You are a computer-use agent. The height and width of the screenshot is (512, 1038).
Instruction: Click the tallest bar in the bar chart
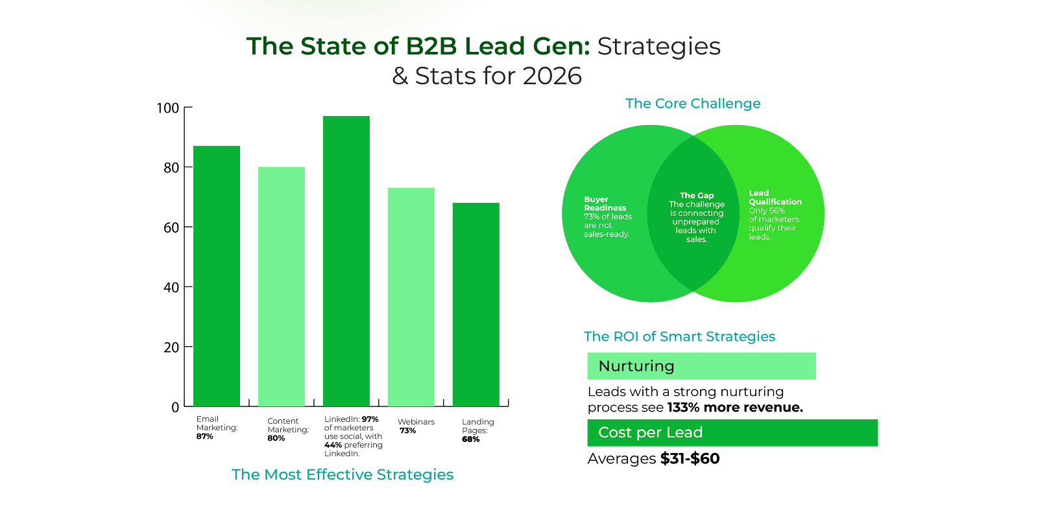(346, 261)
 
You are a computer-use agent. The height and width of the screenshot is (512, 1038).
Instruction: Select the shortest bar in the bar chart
(476, 304)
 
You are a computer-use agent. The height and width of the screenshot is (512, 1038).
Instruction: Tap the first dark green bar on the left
(217, 275)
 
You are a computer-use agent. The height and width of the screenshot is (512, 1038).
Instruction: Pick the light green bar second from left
(282, 286)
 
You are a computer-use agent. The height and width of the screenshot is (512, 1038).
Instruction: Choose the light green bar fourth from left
(411, 296)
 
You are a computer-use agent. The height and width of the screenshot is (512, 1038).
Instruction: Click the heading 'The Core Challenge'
(693, 104)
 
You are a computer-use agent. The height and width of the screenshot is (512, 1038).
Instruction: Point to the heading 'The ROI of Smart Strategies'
(679, 336)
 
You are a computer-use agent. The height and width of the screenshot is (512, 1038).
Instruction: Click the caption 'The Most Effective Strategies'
(343, 474)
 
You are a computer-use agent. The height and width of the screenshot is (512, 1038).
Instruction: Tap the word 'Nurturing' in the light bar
(636, 366)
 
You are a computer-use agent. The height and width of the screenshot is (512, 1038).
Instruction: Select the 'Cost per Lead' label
(650, 432)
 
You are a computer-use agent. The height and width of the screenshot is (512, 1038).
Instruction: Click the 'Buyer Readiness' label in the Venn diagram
(605, 204)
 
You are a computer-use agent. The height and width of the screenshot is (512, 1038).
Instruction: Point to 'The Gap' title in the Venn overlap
(697, 195)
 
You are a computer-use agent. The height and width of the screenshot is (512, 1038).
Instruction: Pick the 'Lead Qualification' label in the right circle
(775, 198)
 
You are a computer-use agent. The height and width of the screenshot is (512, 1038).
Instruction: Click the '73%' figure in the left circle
(592, 216)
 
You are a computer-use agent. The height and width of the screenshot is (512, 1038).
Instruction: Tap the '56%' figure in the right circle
(777, 211)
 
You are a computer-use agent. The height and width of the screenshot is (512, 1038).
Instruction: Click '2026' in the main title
(552, 76)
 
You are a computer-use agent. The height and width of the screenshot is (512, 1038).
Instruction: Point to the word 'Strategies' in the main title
(659, 47)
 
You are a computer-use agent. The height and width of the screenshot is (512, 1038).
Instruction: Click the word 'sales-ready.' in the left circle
(607, 234)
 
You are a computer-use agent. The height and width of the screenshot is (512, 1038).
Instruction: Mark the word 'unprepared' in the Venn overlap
(695, 222)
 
